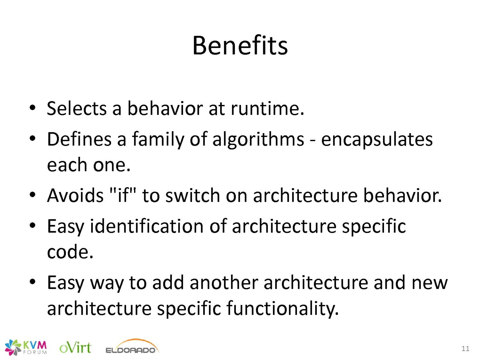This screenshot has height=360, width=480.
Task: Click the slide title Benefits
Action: [240, 46]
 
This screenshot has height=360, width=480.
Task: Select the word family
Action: [158, 140]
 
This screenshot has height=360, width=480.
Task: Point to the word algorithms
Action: [258, 140]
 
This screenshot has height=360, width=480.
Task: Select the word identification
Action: [146, 227]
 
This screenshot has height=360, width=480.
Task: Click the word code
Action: [70, 252]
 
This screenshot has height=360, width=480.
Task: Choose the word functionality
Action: [282, 309]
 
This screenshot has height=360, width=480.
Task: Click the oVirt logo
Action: [75, 348]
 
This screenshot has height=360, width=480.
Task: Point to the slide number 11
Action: [465, 348]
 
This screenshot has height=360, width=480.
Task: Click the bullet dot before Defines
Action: [32, 139]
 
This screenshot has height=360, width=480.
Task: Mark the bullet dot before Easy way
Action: [32, 282]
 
